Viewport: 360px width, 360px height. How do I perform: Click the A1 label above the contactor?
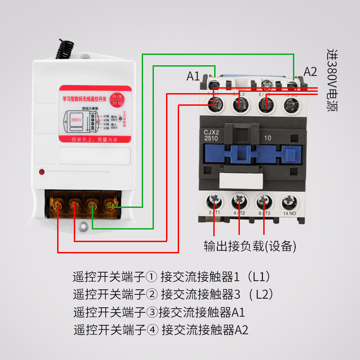point(193,76)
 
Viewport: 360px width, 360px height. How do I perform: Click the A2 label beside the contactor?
point(310,72)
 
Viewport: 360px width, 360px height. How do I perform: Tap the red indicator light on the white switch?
point(41,171)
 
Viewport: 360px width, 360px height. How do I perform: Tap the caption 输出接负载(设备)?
point(250,246)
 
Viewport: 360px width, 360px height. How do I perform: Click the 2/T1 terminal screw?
point(214,200)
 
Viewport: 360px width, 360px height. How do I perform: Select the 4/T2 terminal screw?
point(239,200)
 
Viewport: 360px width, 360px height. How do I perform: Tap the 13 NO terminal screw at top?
point(291,104)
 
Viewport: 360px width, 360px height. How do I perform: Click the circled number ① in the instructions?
point(152,276)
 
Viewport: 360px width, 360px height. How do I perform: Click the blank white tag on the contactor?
point(241,180)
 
